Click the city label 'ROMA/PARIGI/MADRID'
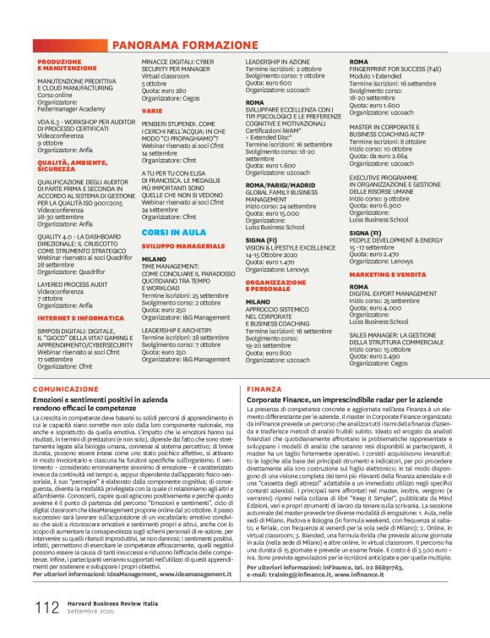click(x=280, y=184)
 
